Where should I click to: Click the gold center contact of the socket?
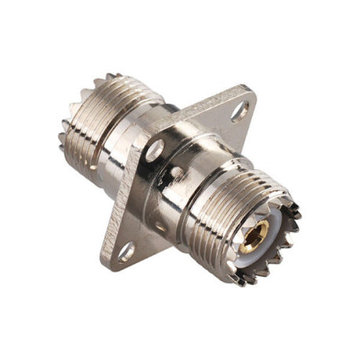pos(258,234)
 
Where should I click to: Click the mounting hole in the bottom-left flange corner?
pos(126,251)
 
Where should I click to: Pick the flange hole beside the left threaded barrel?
pos(154,149)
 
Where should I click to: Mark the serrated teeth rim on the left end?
pos(67,137)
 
